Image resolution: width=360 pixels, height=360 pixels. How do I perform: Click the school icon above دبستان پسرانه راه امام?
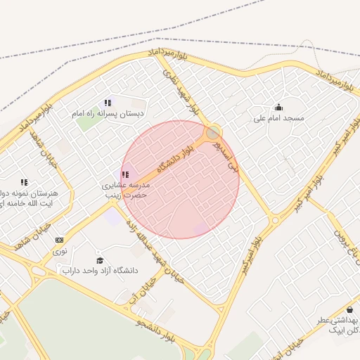tap(108, 103)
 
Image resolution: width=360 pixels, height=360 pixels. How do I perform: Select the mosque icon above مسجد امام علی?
tap(278, 108)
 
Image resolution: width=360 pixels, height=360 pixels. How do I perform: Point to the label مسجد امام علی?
tap(279, 118)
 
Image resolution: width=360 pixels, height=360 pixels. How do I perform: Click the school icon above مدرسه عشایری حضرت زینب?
tap(125, 174)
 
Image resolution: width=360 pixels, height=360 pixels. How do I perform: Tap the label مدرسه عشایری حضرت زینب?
tap(125, 189)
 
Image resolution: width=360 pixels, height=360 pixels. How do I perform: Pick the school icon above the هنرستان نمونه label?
tap(25, 181)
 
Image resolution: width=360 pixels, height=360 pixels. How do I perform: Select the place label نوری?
tap(60, 250)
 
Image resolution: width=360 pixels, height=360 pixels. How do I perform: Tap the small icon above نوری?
tap(59, 240)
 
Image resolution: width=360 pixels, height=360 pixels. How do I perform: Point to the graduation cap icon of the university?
tap(99, 260)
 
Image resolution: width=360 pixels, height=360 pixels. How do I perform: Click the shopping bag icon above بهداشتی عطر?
tap(349, 309)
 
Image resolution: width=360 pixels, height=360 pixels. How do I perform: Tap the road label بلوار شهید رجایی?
tap(181, 91)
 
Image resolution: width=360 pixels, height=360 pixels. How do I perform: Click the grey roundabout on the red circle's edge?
tap(212, 132)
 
